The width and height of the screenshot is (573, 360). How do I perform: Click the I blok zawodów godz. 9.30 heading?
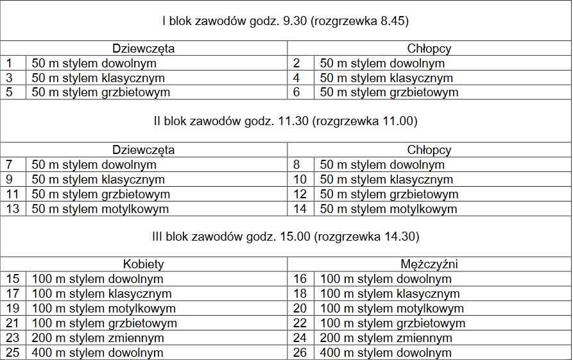coord(286,21)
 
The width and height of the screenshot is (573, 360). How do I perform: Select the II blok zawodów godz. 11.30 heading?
coord(286,121)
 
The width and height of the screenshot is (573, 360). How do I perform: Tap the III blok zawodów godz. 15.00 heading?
coord(286,237)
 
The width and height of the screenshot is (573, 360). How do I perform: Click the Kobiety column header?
coord(144,264)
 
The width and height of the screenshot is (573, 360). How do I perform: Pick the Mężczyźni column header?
coord(429,264)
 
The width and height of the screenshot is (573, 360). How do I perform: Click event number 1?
coord(9,64)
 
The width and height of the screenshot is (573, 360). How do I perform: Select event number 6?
coord(297,92)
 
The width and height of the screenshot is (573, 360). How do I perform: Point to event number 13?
coord(12,209)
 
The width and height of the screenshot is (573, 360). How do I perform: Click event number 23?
coord(12,338)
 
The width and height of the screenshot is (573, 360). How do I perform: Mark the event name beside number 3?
coord(98,78)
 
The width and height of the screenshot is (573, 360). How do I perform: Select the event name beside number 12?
coord(389,194)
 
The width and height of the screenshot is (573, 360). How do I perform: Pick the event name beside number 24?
coord(386,338)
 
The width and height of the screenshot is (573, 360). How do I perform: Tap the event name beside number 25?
coord(98,353)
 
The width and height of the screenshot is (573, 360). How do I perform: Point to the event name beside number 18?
coord(390,294)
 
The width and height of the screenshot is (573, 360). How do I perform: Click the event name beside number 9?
coord(98,180)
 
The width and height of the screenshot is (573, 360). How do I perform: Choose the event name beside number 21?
coord(104,323)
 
